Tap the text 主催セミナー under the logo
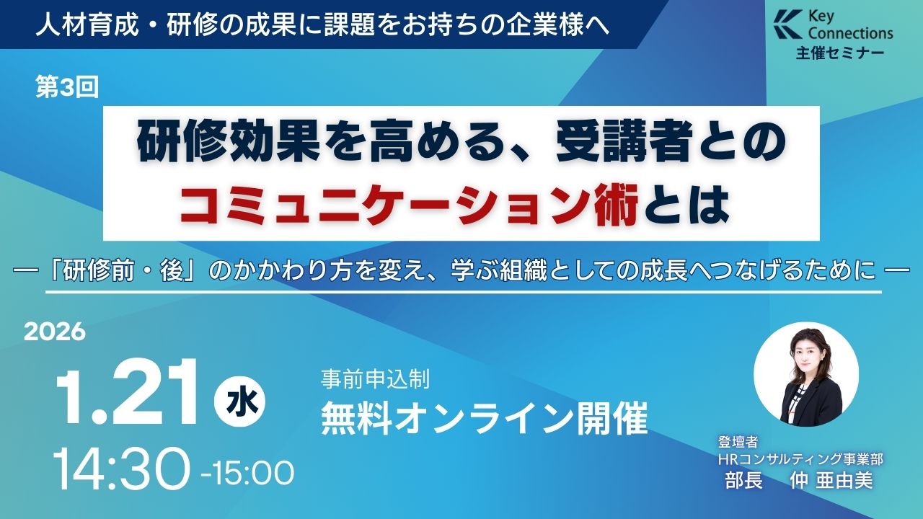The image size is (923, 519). (840, 53)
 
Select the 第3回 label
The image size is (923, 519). (67, 88)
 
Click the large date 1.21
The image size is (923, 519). (126, 393)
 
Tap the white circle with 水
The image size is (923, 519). (240, 402)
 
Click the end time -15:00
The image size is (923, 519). (247, 474)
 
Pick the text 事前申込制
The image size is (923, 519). (376, 378)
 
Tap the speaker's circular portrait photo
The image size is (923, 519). (806, 374)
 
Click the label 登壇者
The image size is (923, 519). (738, 443)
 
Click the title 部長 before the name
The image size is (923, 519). (743, 480)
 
